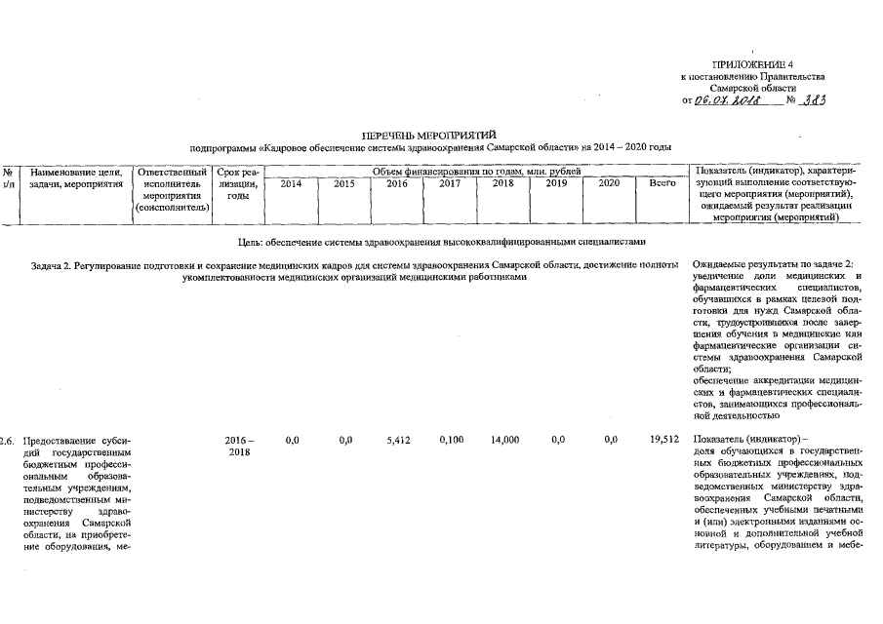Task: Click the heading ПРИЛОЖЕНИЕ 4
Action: tap(753, 64)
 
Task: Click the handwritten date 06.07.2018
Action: tap(722, 100)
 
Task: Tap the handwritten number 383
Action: tap(813, 99)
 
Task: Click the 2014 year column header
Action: tap(291, 183)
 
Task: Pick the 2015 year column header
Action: tap(344, 183)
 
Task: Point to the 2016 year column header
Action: tap(397, 183)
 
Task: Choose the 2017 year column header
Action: tap(450, 183)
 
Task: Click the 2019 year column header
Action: tap(556, 183)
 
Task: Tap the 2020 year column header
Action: tap(609, 183)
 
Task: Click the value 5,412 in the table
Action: tap(397, 440)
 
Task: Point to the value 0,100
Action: tap(450, 440)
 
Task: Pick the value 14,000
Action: tap(503, 440)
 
